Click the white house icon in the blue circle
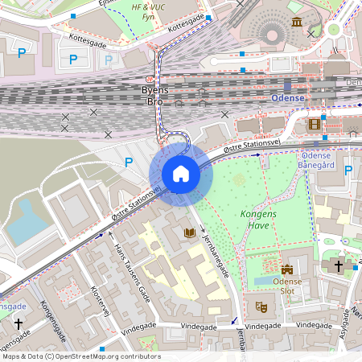click(x=181, y=174)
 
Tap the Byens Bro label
click(x=154, y=96)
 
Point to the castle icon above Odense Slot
click(x=287, y=268)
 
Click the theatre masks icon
click(x=261, y=306)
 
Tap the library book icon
click(x=190, y=233)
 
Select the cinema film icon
click(x=314, y=124)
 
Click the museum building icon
click(x=298, y=21)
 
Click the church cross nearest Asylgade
click(x=339, y=264)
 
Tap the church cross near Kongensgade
click(x=18, y=323)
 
